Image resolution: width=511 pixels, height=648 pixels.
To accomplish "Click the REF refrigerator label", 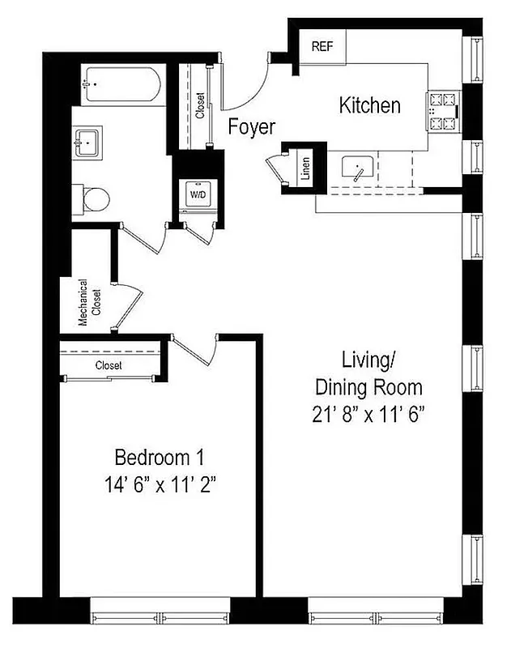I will coord(322,47).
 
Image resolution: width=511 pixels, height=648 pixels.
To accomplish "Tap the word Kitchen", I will coord(369,105).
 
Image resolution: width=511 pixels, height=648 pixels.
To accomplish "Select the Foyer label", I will coord(251,127).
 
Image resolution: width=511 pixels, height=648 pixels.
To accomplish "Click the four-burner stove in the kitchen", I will coord(441,113).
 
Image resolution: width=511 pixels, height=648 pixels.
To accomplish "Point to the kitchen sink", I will coord(357,170).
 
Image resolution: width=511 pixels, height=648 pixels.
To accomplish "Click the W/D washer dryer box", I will coord(197,195).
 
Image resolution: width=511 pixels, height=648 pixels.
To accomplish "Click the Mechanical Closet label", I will coord(88,304).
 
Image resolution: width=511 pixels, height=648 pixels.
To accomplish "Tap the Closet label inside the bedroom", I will coord(109,365).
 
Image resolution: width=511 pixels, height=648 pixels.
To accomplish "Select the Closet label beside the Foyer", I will coord(200,104).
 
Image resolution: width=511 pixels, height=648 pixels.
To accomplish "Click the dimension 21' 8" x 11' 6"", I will coord(369,414).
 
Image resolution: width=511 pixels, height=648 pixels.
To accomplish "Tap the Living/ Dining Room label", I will coord(369,372).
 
